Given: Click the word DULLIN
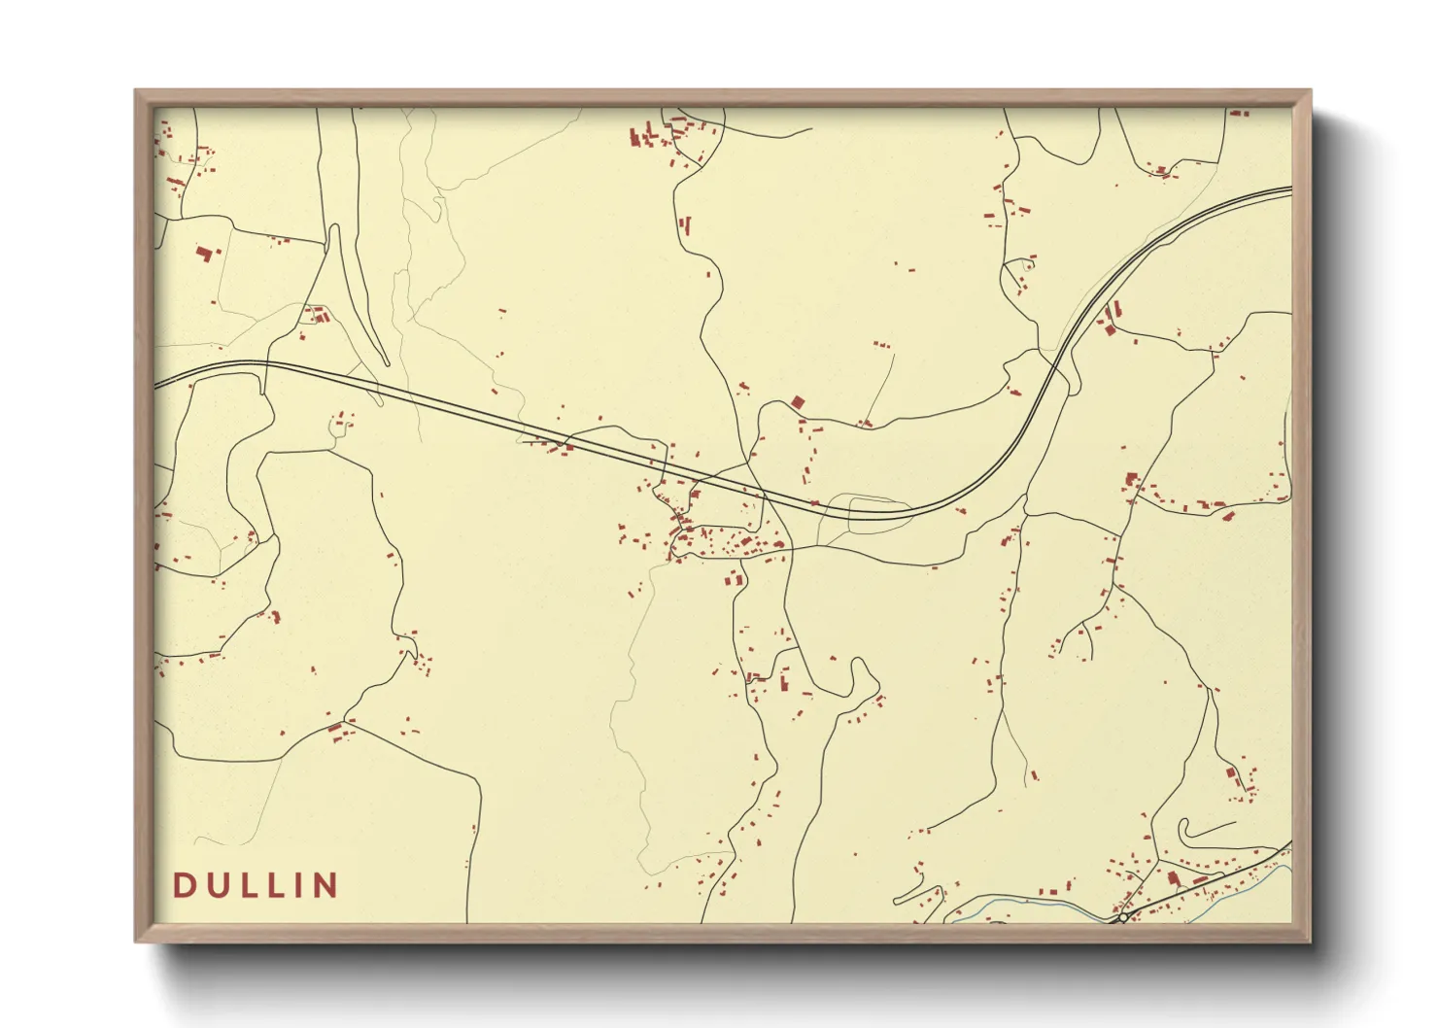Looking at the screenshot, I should [x=256, y=885].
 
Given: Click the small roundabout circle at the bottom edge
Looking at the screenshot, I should [x=1123, y=917].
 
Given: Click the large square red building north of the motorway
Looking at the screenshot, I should [x=799, y=401].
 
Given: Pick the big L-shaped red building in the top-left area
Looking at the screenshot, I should [x=204, y=254].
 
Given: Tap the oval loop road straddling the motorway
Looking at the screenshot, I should [x=879, y=512].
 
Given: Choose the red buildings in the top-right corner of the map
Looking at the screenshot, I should [x=1238, y=114].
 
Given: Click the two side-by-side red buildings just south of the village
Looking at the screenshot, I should [x=734, y=580].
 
